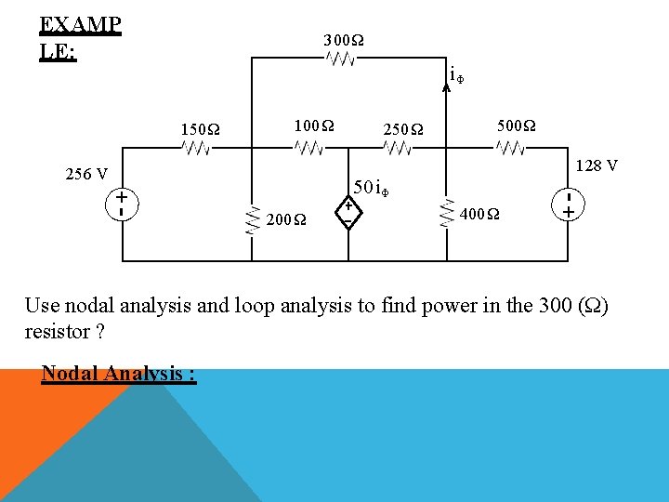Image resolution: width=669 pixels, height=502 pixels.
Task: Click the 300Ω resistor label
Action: click(343, 41)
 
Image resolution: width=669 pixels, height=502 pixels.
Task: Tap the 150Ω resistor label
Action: click(201, 128)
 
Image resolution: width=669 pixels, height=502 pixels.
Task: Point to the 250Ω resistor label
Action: click(402, 128)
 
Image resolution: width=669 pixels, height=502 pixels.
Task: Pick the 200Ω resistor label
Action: click(285, 220)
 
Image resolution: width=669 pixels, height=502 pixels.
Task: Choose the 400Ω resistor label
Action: click(480, 216)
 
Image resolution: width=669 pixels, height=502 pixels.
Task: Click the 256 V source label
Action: click(86, 174)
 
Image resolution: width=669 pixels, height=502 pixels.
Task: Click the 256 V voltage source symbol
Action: click(122, 204)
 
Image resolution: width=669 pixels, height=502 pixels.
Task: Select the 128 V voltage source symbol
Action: click(567, 205)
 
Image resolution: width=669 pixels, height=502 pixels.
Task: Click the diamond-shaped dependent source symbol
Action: click(347, 213)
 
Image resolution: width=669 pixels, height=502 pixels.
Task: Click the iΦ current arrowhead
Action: click(446, 80)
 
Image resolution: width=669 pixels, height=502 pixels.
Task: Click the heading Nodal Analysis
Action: click(118, 375)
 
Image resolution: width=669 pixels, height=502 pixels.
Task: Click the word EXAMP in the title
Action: click(80, 23)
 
